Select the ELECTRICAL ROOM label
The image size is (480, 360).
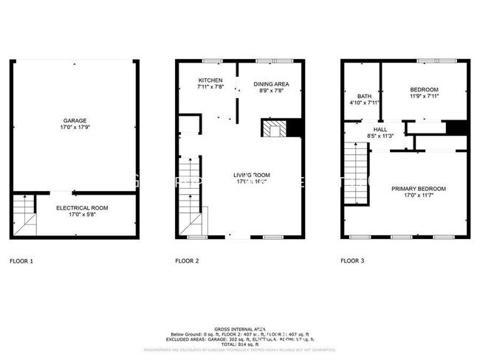82,208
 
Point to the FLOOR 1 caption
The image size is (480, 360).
21,260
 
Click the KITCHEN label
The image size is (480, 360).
210,80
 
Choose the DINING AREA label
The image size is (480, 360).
271,84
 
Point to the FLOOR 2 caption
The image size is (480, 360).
188,260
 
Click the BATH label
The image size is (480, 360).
364,96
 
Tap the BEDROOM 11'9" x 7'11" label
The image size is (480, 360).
424,93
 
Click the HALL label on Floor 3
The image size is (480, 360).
380,129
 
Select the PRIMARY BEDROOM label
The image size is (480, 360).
423,189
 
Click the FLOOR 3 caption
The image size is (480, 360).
353,260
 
